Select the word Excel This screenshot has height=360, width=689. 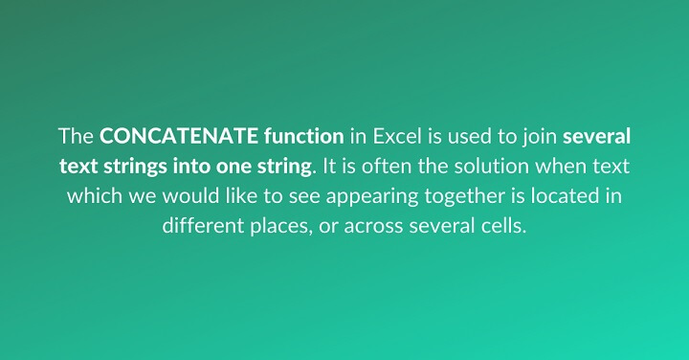pos(391,135)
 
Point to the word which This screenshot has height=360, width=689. pos(91,197)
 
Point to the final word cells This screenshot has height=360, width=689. pos(502,228)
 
